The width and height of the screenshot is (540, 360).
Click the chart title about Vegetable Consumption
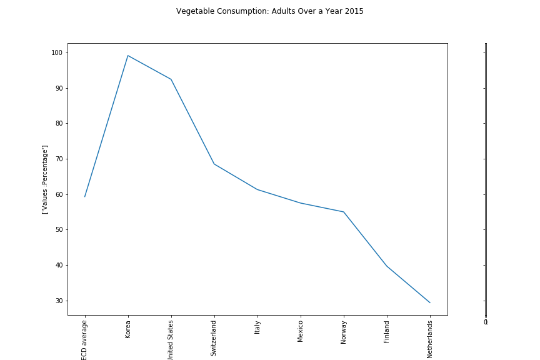pyautogui.click(x=269, y=11)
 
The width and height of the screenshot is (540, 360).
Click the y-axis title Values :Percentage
pyautogui.click(x=45, y=179)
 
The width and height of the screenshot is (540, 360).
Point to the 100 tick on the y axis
pyautogui.click(x=57, y=52)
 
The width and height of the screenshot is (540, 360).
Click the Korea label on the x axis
pyautogui.click(x=128, y=329)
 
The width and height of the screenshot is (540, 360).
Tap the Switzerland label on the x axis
pyautogui.click(x=214, y=338)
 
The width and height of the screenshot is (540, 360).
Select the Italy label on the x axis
pyautogui.click(x=257, y=327)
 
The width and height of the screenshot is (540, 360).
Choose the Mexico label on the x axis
pyautogui.click(x=301, y=331)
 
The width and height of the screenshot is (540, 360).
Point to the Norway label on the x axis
pyautogui.click(x=344, y=332)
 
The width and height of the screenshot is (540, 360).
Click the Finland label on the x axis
pyautogui.click(x=387, y=331)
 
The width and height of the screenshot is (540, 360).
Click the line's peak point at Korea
pyautogui.click(x=128, y=56)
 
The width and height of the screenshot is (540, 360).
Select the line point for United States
pyautogui.click(x=171, y=79)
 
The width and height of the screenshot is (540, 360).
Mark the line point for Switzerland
pyautogui.click(x=214, y=164)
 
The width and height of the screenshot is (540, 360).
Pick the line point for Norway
pyautogui.click(x=344, y=212)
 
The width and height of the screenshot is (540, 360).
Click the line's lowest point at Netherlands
pyautogui.click(x=430, y=302)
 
